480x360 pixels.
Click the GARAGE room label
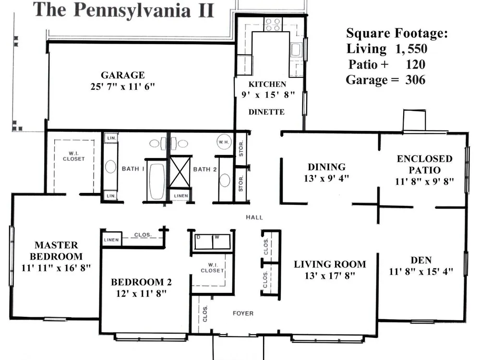click(123, 75)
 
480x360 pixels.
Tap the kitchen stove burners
click(273, 24)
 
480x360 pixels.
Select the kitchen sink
click(295, 49)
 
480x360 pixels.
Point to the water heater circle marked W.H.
click(224, 142)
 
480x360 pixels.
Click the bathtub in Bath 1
click(157, 181)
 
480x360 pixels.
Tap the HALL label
click(254, 217)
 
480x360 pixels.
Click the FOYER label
click(243, 313)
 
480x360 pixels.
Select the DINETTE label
click(266, 112)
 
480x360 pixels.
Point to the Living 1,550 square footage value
click(411, 48)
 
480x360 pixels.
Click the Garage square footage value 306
click(415, 80)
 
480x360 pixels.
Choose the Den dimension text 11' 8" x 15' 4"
click(421, 272)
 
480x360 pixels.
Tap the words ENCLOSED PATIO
click(425, 164)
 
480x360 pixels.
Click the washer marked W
click(221, 242)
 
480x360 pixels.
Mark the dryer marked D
click(204, 242)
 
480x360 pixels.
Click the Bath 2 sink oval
click(224, 180)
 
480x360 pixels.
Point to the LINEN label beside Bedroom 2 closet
click(111, 240)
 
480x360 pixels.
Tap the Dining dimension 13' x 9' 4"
click(326, 178)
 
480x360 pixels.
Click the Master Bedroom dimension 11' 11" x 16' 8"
click(56, 268)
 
